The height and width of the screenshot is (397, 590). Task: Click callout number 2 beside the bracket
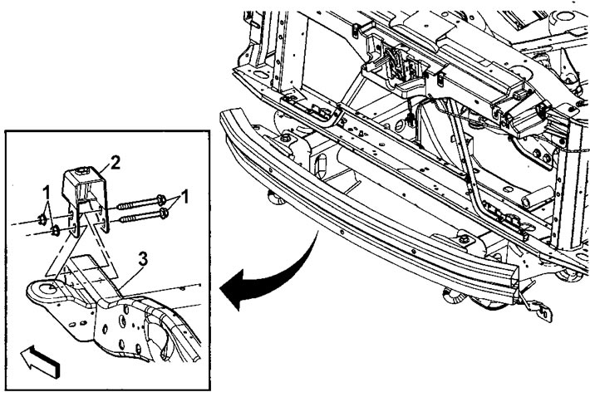[115, 163]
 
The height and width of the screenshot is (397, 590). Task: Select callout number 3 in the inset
[143, 259]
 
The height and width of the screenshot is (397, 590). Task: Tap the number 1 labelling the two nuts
[47, 194]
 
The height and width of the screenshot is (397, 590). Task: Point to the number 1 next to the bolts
[184, 196]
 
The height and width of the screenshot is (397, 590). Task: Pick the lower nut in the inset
[56, 230]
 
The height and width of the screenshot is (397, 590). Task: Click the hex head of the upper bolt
[161, 199]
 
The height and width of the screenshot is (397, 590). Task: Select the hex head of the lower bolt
[164, 213]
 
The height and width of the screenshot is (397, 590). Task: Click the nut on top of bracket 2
[82, 171]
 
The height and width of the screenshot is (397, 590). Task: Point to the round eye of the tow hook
[47, 289]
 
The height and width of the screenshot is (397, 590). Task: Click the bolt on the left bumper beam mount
[285, 138]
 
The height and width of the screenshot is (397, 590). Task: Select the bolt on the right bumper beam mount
[464, 238]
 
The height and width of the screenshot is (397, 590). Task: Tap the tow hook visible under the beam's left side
[277, 198]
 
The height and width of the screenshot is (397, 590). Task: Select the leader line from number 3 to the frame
[131, 277]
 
